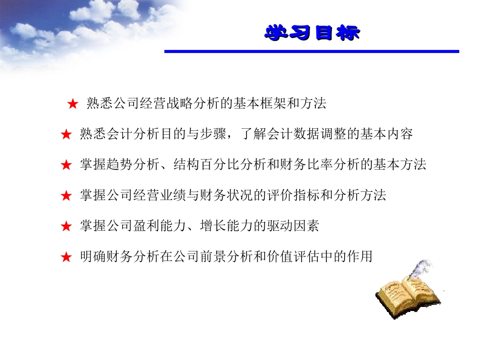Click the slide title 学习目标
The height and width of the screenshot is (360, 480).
coord(312,33)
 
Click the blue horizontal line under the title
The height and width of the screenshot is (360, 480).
coord(311,51)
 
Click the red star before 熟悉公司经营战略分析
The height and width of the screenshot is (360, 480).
coord(72,105)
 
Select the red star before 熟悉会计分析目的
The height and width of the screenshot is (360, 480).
coord(66,135)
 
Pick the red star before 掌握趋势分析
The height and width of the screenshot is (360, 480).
coord(66,165)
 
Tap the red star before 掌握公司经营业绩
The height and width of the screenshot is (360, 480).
coord(66,196)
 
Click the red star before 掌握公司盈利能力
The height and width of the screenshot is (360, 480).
coord(66,227)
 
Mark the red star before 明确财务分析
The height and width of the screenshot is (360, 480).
coord(66,258)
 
